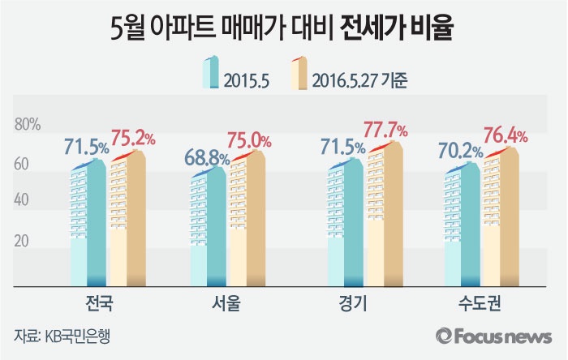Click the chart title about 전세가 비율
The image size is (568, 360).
click(x=283, y=29)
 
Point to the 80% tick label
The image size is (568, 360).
click(x=28, y=125)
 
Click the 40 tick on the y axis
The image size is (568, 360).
click(x=23, y=202)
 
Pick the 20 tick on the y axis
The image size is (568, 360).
click(x=23, y=242)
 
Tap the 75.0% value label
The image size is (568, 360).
click(x=252, y=139)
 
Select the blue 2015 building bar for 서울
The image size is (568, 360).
click(x=209, y=227)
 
